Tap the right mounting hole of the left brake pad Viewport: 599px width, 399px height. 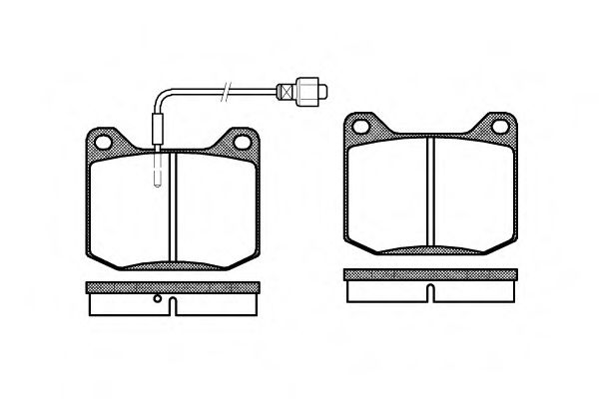coord(240,139)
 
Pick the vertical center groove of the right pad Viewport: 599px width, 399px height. coord(429,194)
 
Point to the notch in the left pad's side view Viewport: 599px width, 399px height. coord(171,301)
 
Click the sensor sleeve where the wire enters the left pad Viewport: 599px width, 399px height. coord(157,131)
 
